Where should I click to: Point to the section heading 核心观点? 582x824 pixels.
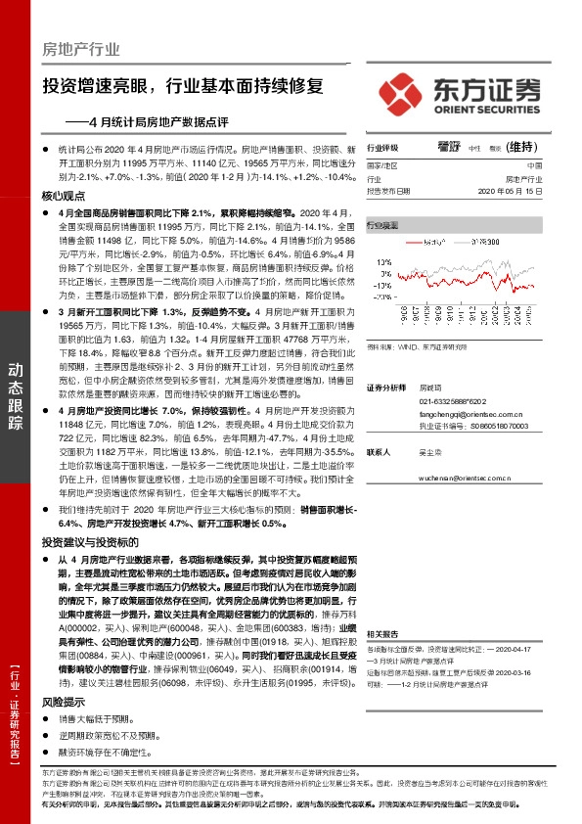(64, 196)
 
